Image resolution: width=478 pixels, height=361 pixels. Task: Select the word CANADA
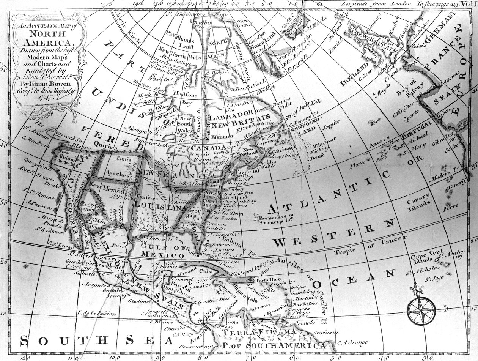coord(209,147)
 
